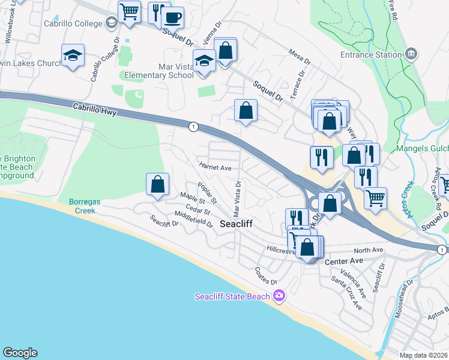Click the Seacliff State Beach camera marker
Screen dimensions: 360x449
tap(279, 296)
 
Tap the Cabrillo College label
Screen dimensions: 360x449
tap(73, 24)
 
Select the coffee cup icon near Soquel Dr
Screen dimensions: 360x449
tap(173, 17)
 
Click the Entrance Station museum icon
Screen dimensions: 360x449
tap(411, 55)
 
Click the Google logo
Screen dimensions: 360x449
tap(20, 353)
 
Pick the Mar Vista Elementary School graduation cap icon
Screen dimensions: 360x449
tap(205, 61)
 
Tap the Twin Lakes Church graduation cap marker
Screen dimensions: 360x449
tap(73, 55)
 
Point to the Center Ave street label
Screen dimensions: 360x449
tap(345, 262)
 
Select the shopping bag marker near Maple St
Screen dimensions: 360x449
tap(157, 184)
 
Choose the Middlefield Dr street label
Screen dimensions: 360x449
tap(193, 219)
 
